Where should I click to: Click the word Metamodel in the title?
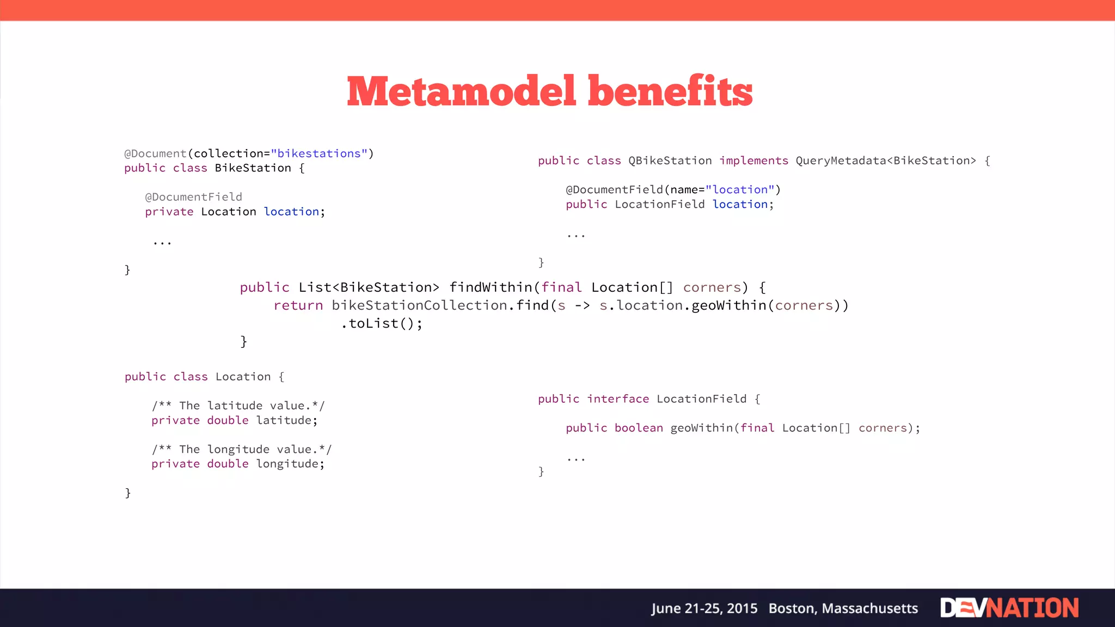coord(461,91)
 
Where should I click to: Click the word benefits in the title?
coord(670,91)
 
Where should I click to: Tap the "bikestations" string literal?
coord(319,153)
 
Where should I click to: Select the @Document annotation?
coord(156,153)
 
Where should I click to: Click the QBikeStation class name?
coord(670,161)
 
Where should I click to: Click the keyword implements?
coord(753,161)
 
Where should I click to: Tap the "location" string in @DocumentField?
coord(740,189)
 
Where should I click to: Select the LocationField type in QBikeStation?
coord(660,204)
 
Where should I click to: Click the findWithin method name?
coord(491,287)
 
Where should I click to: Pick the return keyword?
coord(298,305)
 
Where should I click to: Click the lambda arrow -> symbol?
coord(582,305)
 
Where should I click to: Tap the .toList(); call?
coord(382,323)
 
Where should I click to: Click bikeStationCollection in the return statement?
coord(420,305)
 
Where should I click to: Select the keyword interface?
coord(618,399)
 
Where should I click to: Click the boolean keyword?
coord(639,428)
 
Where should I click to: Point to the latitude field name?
coord(284,420)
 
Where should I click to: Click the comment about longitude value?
coord(241,449)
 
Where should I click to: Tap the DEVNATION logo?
coord(1009,608)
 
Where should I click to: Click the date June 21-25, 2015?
coord(704,608)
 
